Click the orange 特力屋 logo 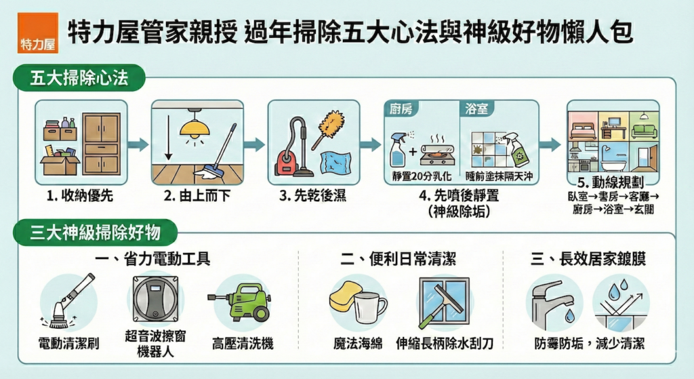point(38,33)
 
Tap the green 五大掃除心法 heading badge point(79,78)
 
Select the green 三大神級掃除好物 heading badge point(95,233)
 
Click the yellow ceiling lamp point(195,125)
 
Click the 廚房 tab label point(401,108)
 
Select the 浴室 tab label point(476,108)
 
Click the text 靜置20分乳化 point(422,176)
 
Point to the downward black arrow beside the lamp point(168,138)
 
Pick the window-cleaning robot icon point(155,299)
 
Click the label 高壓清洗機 point(243,344)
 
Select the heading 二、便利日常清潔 point(398,258)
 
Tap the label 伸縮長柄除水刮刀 point(445,344)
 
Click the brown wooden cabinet point(102,144)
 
